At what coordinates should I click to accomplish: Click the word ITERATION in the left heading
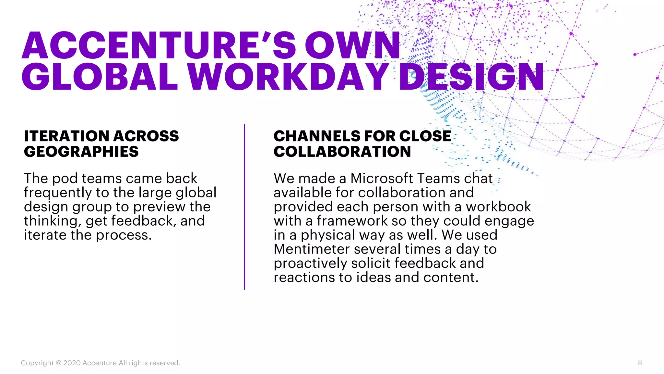66,136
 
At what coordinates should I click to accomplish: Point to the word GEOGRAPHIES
81,152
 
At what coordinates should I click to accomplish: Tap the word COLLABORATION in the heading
342,152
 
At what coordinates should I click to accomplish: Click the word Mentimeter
312,249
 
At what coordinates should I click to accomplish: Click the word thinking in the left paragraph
52,221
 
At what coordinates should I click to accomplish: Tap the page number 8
640,363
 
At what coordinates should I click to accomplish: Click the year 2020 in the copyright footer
72,363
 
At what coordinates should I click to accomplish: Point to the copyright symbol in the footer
58,363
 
